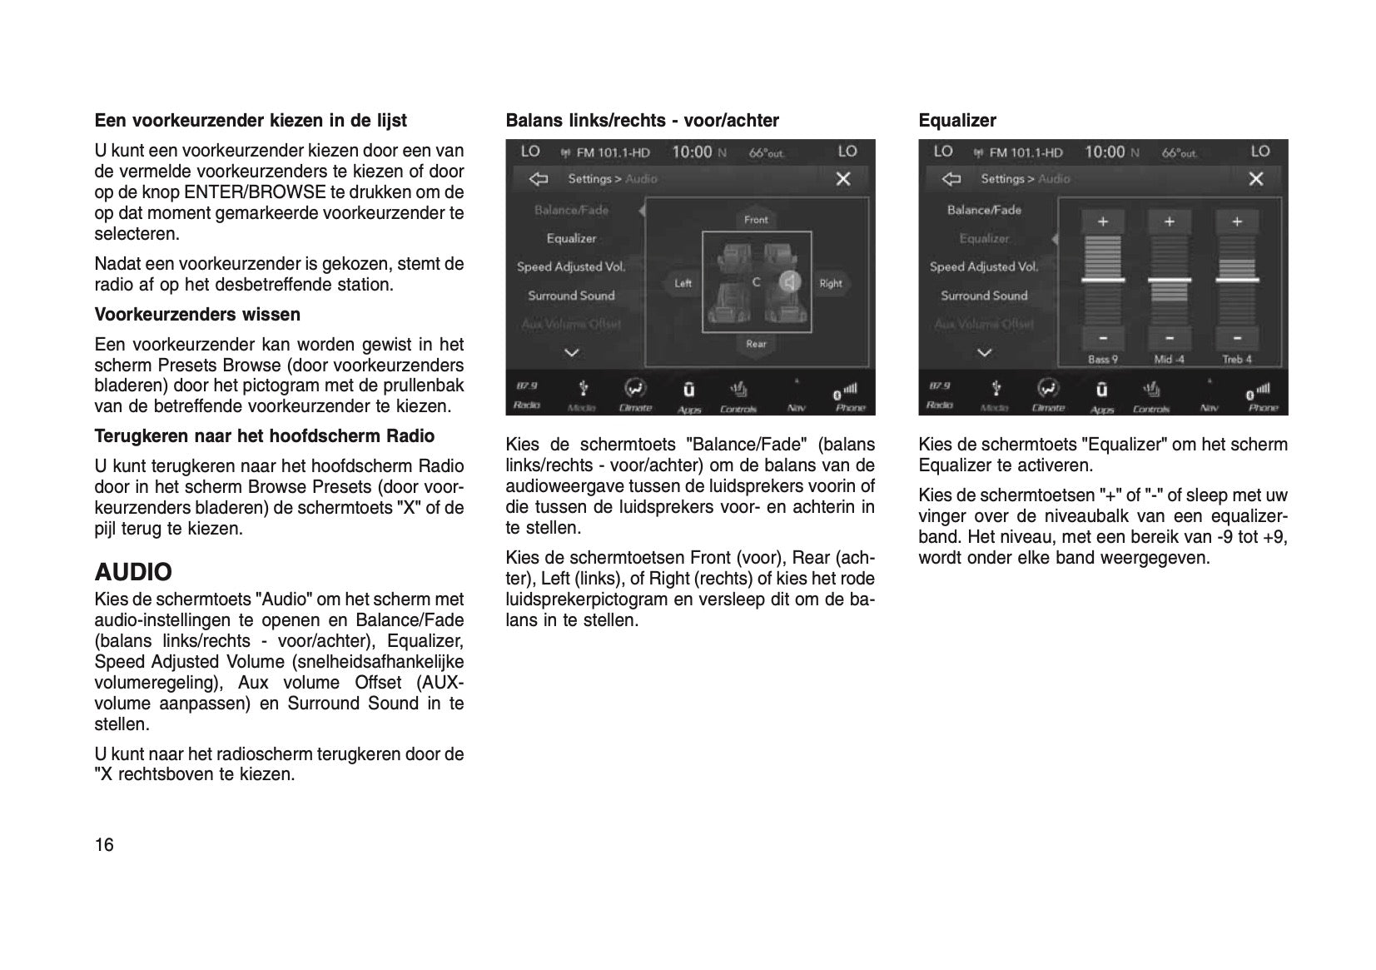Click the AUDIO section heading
point(133,572)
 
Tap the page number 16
point(104,845)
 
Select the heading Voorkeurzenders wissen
point(197,315)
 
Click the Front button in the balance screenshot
point(756,220)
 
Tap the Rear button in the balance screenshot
point(756,344)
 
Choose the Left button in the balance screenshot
point(683,283)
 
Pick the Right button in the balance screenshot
point(830,283)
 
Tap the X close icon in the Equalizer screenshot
point(1256,179)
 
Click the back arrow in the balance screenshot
point(539,179)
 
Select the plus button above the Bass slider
point(1102,221)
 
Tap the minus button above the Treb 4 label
point(1237,338)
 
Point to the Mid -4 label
point(1169,360)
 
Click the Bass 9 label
point(1102,360)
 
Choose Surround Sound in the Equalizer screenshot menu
point(984,296)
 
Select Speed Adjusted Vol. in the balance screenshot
point(571,267)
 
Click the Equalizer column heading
point(956,121)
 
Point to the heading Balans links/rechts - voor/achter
point(642,121)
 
